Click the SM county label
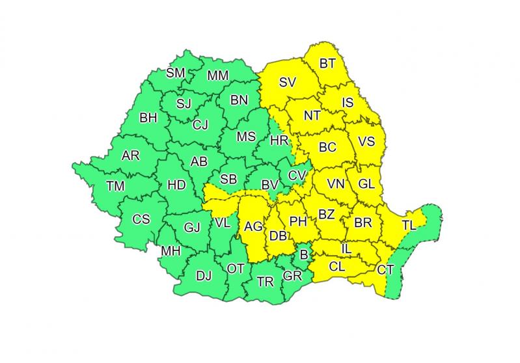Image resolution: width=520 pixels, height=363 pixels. click(176, 73)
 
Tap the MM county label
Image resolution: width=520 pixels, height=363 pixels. click(217, 76)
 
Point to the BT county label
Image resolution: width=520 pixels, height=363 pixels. click(327, 64)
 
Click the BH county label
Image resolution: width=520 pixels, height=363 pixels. click(148, 118)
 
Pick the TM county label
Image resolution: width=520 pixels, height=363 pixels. click(115, 187)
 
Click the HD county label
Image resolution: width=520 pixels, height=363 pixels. click(176, 185)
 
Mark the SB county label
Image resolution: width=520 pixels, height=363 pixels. click(228, 179)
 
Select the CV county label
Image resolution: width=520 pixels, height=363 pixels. click(297, 175)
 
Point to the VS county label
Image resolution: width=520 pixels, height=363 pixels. click(367, 141)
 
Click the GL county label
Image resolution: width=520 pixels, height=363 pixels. click(366, 184)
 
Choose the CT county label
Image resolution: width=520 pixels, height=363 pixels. click(385, 269)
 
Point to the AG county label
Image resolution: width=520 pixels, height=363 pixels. click(253, 227)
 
